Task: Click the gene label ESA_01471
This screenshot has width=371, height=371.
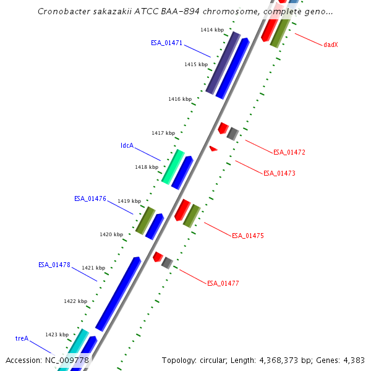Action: (x=166, y=43)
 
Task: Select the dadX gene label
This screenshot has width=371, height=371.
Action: (x=331, y=45)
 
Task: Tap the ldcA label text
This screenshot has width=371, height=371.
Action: (x=127, y=146)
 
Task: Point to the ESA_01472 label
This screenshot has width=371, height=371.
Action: (x=289, y=152)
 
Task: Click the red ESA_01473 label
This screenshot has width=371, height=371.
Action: (x=279, y=173)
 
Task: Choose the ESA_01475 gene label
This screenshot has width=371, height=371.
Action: (x=248, y=236)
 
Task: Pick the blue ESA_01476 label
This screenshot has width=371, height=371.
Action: (x=90, y=199)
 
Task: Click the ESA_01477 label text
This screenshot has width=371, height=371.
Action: (x=223, y=283)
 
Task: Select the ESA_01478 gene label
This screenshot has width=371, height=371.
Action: (x=54, y=265)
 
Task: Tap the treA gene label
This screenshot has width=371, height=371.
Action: (x=22, y=338)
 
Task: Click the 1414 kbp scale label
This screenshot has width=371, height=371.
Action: (x=211, y=30)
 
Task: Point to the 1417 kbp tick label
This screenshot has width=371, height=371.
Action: (x=163, y=133)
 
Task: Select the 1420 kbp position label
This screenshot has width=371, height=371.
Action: (x=111, y=234)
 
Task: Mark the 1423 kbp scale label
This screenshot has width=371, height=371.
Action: (x=57, y=335)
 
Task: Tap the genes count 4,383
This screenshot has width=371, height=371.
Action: (x=354, y=360)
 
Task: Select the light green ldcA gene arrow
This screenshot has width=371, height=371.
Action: (x=173, y=166)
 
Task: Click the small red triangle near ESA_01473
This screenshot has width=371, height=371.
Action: (x=213, y=148)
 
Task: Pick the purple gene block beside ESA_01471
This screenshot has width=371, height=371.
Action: (x=223, y=63)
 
